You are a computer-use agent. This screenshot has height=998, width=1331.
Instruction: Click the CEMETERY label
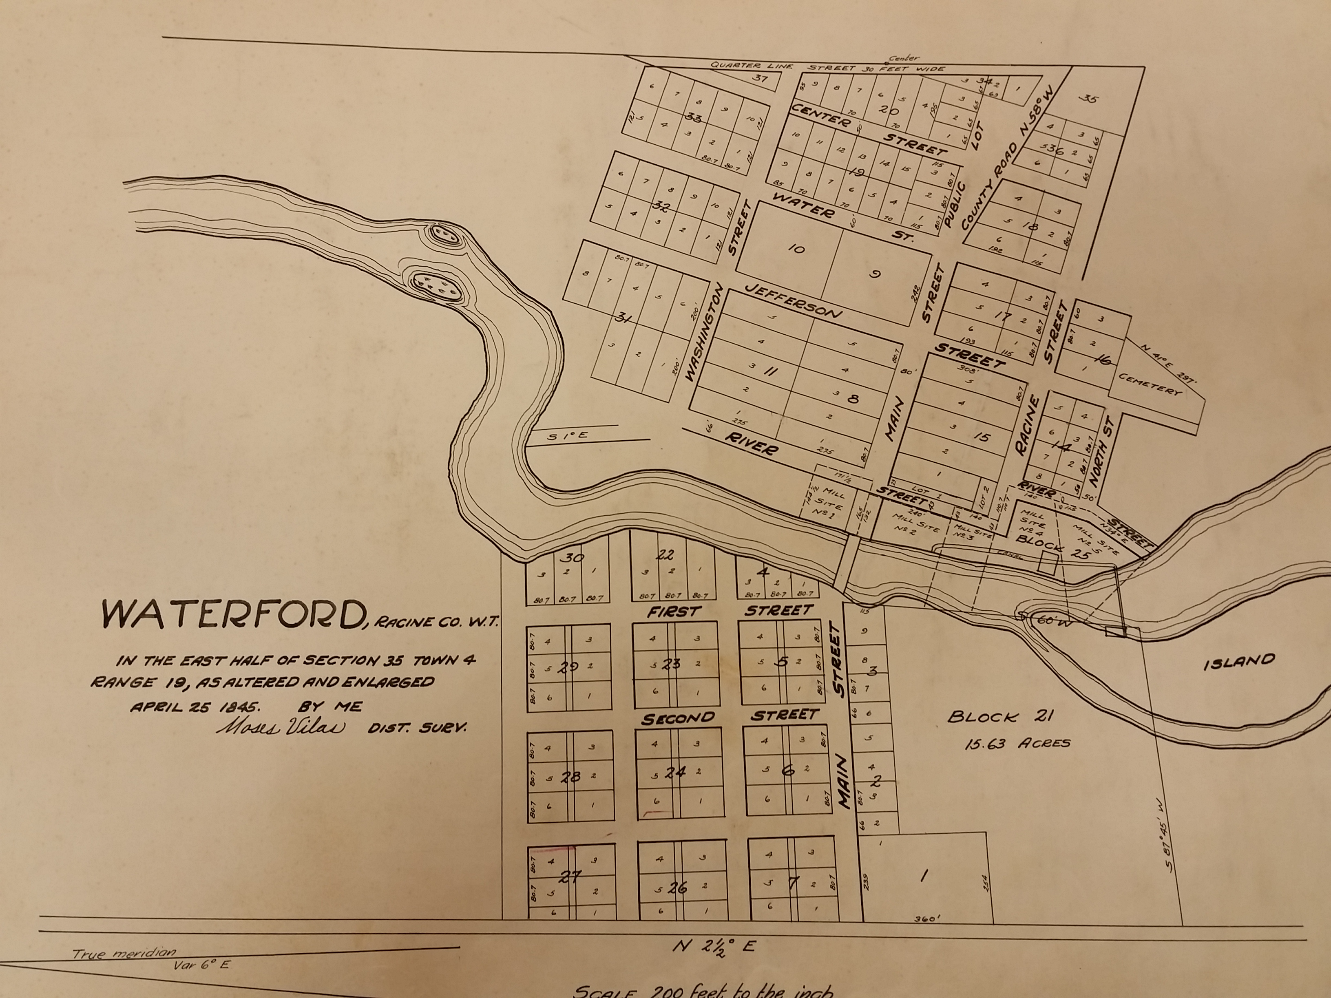pyautogui.click(x=1150, y=384)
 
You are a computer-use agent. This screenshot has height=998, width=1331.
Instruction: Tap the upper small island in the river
pyautogui.click(x=446, y=234)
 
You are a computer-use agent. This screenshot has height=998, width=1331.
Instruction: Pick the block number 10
pyautogui.click(x=796, y=248)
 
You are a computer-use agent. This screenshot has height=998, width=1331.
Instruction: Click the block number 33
pyautogui.click(x=693, y=117)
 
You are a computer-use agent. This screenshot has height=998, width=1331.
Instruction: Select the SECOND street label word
pyautogui.click(x=678, y=718)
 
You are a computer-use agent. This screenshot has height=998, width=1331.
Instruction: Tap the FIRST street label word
pyautogui.click(x=673, y=612)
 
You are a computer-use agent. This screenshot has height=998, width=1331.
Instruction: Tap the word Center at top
pyautogui.click(x=904, y=58)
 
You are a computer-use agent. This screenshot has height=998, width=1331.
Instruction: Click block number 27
pyautogui.click(x=570, y=877)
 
